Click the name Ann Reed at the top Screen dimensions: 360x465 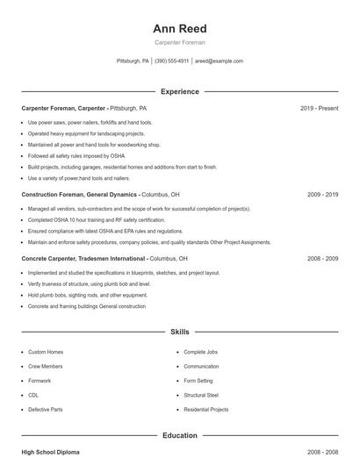coord(179,29)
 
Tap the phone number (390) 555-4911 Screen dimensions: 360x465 coord(173,61)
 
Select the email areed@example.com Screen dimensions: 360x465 coord(219,61)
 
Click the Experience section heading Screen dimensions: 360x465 coord(179,91)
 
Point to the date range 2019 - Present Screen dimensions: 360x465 coord(319,108)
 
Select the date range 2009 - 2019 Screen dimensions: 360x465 coord(322,194)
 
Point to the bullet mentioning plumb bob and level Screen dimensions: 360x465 coord(89,284)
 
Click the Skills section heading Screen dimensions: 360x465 coord(179,333)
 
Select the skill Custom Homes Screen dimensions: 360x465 coord(46,352)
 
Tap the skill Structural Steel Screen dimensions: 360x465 coord(201,395)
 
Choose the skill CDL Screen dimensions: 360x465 coord(33,395)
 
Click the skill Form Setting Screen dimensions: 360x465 coord(198,381)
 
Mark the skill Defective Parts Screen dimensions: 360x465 coord(45,410)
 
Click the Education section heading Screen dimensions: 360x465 coord(179,435)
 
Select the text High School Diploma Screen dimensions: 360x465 coord(50,452)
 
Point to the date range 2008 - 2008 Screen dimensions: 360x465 coord(322,452)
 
